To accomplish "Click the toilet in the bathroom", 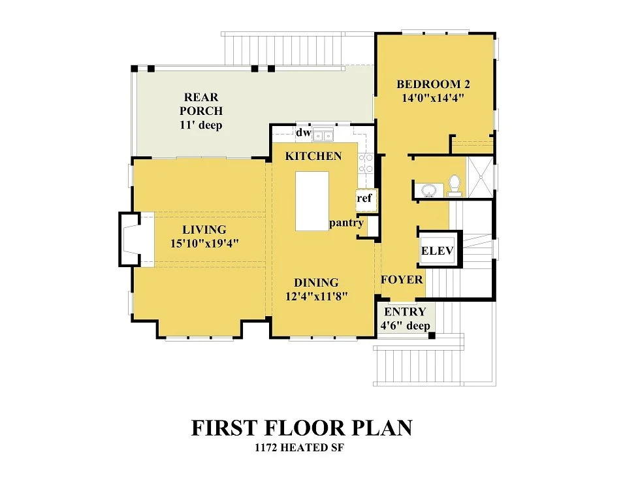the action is pyautogui.click(x=455, y=185).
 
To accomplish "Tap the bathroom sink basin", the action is pyautogui.click(x=428, y=190).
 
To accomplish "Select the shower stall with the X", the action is pyautogui.click(x=480, y=177).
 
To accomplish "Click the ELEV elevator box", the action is pyautogui.click(x=438, y=250).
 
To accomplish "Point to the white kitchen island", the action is pyautogui.click(x=312, y=201).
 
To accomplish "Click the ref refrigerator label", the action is pyautogui.click(x=364, y=199).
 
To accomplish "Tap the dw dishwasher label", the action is pyautogui.click(x=303, y=133).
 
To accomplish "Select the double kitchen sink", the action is pyautogui.click(x=323, y=135).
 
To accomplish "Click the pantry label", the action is pyautogui.click(x=346, y=223).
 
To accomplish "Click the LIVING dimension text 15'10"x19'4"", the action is pyautogui.click(x=204, y=244).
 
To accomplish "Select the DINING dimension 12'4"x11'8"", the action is pyautogui.click(x=316, y=296).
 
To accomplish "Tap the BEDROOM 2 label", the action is pyautogui.click(x=433, y=84).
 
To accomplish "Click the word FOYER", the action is pyautogui.click(x=402, y=280).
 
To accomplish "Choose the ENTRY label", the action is pyautogui.click(x=405, y=312).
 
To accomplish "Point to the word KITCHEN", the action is pyautogui.click(x=313, y=156).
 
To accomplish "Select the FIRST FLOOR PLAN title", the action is pyautogui.click(x=302, y=428).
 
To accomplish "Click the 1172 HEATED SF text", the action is pyautogui.click(x=299, y=448).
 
